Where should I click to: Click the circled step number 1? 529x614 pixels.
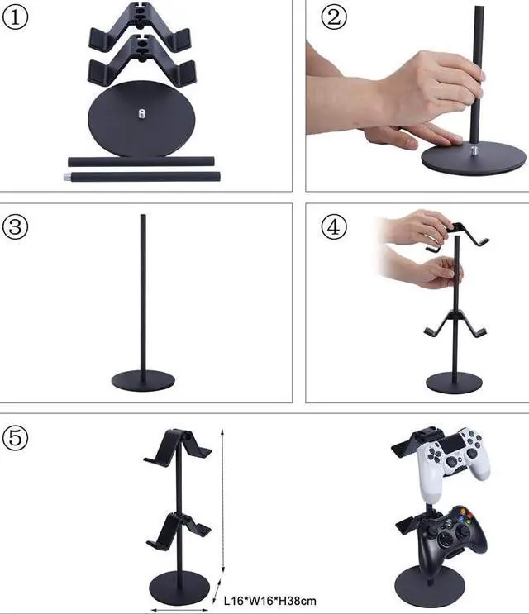tap(17, 17)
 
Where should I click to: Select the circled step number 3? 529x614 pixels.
tap(17, 226)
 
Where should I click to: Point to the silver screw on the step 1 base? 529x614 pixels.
tap(140, 112)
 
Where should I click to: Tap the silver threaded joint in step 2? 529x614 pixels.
tap(478, 151)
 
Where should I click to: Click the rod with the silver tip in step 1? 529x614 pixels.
tap(141, 176)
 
